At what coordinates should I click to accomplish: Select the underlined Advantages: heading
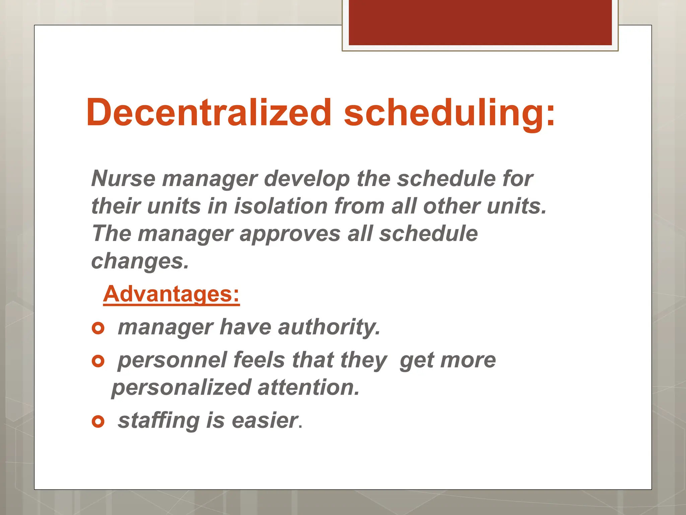click(171, 294)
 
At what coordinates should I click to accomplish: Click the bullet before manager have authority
click(98, 328)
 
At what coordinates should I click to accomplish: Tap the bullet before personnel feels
click(98, 361)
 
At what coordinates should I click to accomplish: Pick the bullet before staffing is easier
click(98, 421)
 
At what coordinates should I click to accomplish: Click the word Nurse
click(123, 178)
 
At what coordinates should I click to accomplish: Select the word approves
click(290, 233)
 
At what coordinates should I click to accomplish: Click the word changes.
click(140, 261)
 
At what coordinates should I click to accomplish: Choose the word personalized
click(182, 387)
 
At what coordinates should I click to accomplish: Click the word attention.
click(308, 387)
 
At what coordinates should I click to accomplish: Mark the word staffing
click(159, 420)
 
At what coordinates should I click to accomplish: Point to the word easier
click(265, 420)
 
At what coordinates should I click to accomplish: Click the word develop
click(306, 179)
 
